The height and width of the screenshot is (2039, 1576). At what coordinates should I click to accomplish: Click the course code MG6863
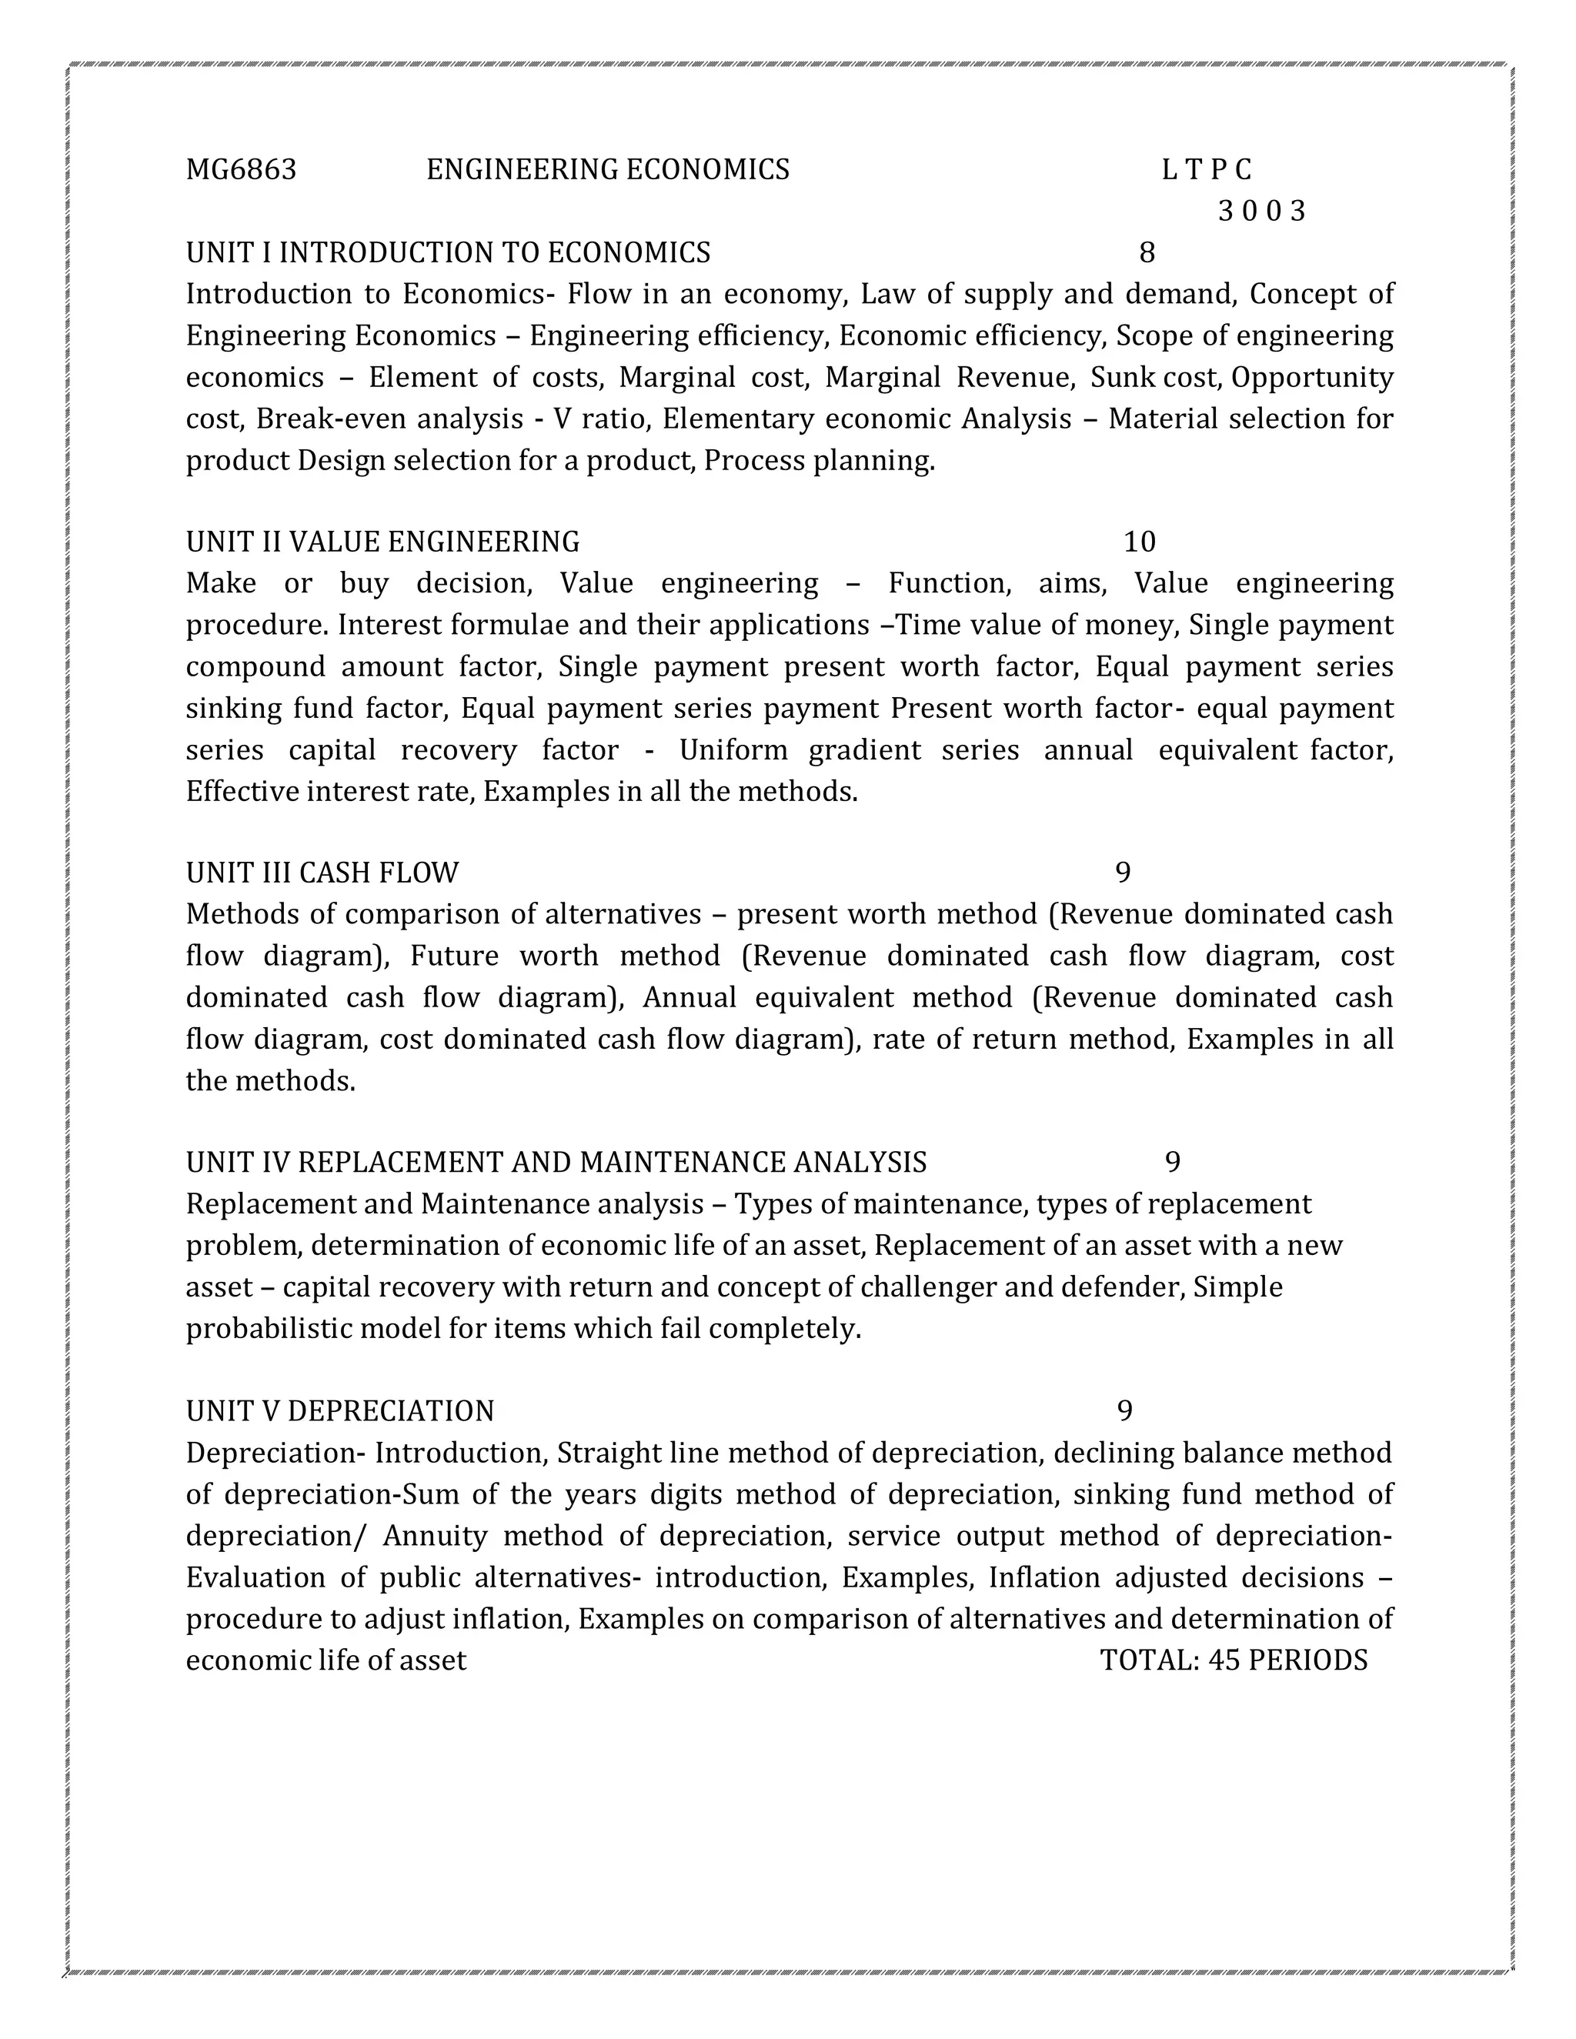click(x=241, y=170)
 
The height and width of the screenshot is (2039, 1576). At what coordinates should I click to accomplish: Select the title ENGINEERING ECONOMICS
click(x=608, y=170)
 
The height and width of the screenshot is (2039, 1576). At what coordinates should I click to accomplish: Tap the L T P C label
click(x=1207, y=170)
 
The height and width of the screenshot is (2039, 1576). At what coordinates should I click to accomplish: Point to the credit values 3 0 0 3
click(x=1260, y=212)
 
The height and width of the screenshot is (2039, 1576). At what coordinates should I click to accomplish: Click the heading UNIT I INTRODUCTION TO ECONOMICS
click(x=448, y=253)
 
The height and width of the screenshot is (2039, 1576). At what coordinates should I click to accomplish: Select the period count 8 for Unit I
click(x=1147, y=253)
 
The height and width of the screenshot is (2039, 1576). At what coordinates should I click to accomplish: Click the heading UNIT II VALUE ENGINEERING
click(x=382, y=542)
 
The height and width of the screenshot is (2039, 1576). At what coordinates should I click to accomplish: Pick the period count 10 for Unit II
click(x=1139, y=542)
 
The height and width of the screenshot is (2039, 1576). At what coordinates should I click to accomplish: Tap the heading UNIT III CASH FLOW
click(x=322, y=873)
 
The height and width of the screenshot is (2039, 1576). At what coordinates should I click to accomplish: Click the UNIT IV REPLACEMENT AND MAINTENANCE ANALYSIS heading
click(x=556, y=1163)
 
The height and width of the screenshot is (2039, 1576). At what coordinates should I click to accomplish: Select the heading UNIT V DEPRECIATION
click(x=340, y=1410)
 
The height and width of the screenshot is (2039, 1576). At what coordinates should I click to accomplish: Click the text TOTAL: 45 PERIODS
click(x=1234, y=1661)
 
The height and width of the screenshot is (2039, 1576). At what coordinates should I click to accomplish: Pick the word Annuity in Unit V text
click(x=435, y=1536)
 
